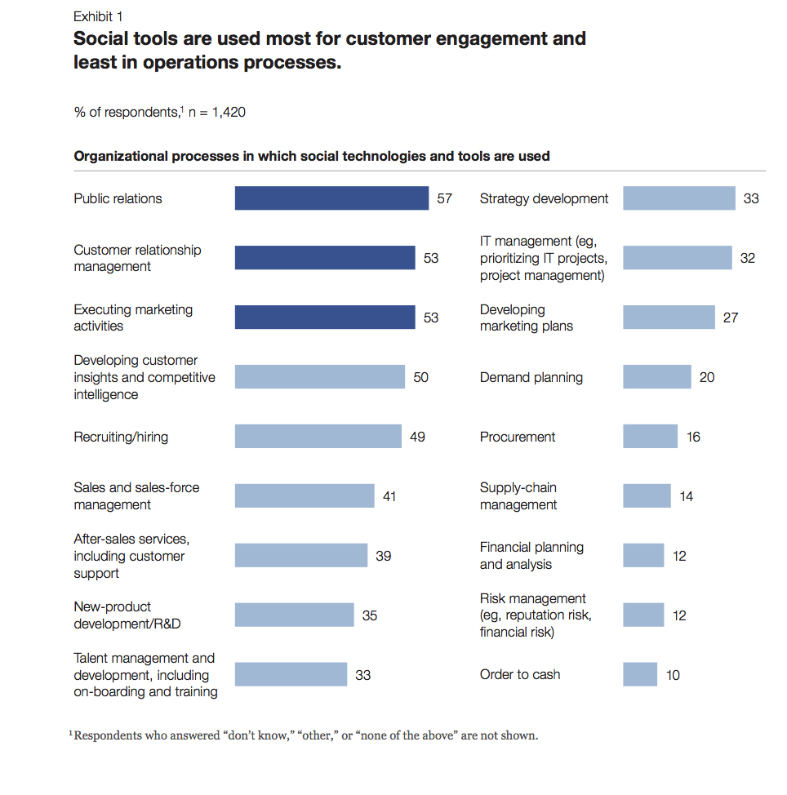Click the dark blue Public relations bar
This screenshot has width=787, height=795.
pyautogui.click(x=331, y=198)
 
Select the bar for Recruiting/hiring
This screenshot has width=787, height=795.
pyautogui.click(x=318, y=437)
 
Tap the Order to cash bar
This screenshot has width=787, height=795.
pyautogui.click(x=640, y=675)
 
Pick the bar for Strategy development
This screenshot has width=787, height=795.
pyautogui.click(x=679, y=198)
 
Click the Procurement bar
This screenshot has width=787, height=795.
pyautogui.click(x=650, y=437)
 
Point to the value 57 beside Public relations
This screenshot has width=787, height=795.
pyautogui.click(x=444, y=198)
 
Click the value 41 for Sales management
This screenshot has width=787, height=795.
pyautogui.click(x=389, y=496)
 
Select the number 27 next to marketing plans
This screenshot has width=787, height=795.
pyautogui.click(x=730, y=318)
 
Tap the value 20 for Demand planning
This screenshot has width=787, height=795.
pyautogui.click(x=706, y=377)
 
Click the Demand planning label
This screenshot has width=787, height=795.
pyautogui.click(x=531, y=377)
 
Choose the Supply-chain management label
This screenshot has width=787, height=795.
pyautogui.click(x=518, y=496)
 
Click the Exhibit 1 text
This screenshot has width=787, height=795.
pyautogui.click(x=99, y=16)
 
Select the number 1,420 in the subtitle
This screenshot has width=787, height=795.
pyautogui.click(x=229, y=113)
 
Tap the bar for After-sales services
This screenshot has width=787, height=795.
pyautogui.click(x=301, y=556)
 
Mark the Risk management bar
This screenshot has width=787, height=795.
pyautogui.click(x=643, y=615)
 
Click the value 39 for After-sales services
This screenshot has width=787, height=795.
pyautogui.click(x=383, y=556)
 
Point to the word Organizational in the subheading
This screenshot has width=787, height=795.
pyautogui.click(x=121, y=156)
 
